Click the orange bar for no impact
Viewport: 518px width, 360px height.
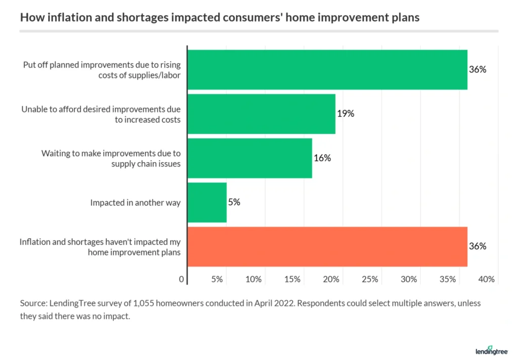[x=327, y=247]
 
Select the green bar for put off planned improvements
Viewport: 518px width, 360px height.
[x=327, y=69]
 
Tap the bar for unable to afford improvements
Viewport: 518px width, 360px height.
[x=261, y=113]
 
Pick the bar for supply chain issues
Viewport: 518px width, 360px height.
[x=249, y=158]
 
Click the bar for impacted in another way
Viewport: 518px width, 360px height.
[x=207, y=203]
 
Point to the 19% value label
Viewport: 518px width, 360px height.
[x=346, y=113]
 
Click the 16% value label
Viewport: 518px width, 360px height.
[x=322, y=158]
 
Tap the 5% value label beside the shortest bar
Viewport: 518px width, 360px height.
[x=234, y=203]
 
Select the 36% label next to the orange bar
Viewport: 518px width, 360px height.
[x=478, y=247]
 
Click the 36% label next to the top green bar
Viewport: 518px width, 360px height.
[x=478, y=69]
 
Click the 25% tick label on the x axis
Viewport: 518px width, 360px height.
[x=370, y=279]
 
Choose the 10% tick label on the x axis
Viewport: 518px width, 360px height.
[x=253, y=279]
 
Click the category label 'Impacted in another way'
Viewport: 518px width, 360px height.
[x=135, y=203]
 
